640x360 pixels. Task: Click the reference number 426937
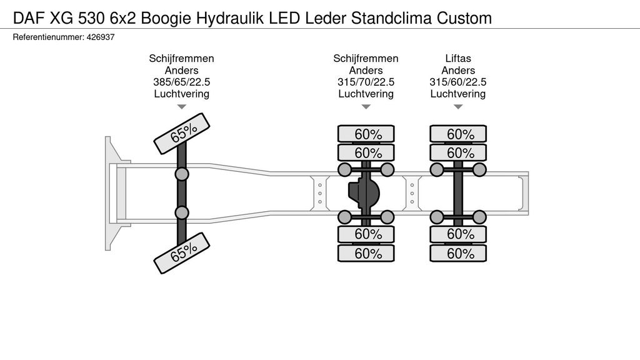[x=101, y=37]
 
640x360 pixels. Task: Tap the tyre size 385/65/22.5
[x=182, y=82]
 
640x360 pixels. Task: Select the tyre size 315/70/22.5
[x=366, y=82]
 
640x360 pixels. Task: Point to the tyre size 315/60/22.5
[x=458, y=82]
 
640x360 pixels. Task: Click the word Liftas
[x=458, y=58]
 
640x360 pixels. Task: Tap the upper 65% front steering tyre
[x=182, y=134]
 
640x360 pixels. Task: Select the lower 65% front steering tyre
[x=182, y=253]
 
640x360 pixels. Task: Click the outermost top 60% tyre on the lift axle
[x=458, y=134]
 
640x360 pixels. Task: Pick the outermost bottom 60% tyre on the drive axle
[x=366, y=254]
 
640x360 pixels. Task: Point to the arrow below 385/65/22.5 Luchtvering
[x=182, y=107]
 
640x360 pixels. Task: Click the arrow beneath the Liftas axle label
[x=458, y=107]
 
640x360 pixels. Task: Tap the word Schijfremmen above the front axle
[x=182, y=58]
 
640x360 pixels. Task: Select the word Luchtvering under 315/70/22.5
[x=366, y=94]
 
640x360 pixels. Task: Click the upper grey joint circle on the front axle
[x=182, y=174]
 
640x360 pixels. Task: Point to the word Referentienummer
[x=48, y=37]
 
